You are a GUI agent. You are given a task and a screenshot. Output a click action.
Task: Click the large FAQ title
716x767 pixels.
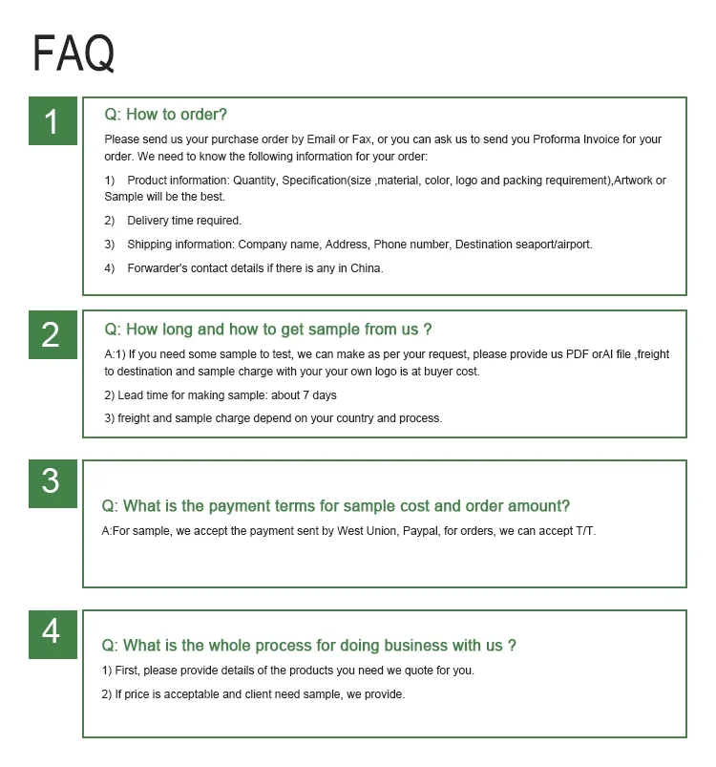74,53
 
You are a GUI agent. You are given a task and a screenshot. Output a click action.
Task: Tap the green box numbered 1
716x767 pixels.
52,121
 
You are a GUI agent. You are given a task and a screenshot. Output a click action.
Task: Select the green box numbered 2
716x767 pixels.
52,334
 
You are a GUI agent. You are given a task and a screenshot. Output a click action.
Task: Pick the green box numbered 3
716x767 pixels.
52,482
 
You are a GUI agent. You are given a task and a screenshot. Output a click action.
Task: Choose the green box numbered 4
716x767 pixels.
52,631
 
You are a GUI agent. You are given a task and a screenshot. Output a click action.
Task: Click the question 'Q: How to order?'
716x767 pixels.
165,115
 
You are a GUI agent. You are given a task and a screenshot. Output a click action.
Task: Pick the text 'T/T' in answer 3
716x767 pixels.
582,530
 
